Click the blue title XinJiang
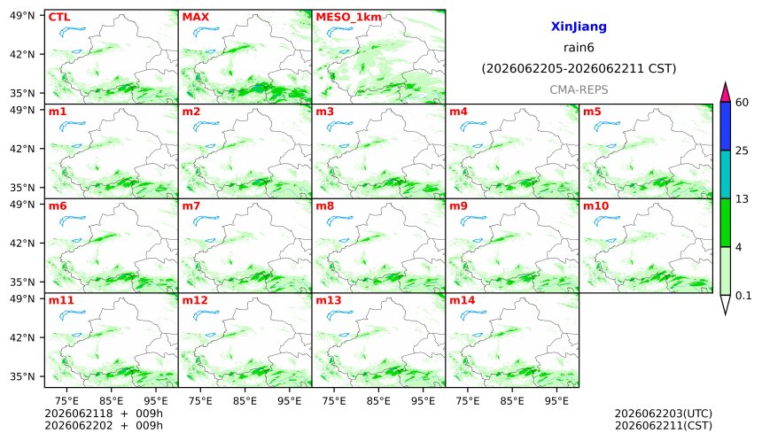(x=579, y=27)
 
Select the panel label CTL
(x=59, y=17)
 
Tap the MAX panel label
(x=195, y=17)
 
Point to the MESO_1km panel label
(x=348, y=18)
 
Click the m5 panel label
(x=592, y=112)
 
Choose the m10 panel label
(x=595, y=206)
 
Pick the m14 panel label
(x=463, y=300)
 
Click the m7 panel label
(x=191, y=206)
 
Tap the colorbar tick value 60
(x=743, y=103)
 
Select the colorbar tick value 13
(x=743, y=199)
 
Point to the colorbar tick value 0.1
(x=743, y=295)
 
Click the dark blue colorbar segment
(x=725, y=127)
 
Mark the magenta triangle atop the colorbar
(x=725, y=93)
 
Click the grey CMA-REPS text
(x=579, y=89)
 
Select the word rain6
(x=579, y=48)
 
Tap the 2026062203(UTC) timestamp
(x=664, y=414)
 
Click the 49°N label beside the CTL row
(x=22, y=16)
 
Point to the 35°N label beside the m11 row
(x=22, y=376)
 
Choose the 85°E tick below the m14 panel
(x=512, y=401)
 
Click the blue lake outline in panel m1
(x=72, y=127)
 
